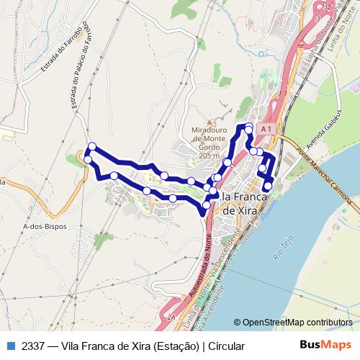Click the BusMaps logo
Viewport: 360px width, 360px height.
pos(325,346)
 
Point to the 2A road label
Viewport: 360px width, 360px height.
pos(171,316)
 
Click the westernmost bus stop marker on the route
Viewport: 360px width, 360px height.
pos(88,159)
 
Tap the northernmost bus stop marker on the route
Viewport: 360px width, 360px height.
pos(249,128)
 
